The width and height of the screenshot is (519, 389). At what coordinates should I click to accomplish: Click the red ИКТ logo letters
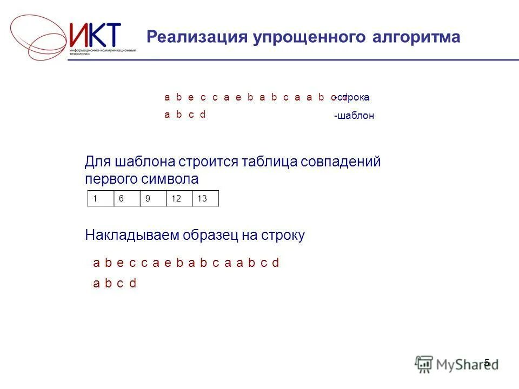click(x=96, y=35)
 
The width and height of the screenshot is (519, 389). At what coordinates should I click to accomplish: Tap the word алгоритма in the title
click(x=416, y=37)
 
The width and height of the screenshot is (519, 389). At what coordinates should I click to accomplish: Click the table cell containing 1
click(x=100, y=198)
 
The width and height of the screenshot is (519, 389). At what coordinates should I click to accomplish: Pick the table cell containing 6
click(x=127, y=198)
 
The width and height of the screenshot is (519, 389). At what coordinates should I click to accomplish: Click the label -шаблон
click(x=354, y=116)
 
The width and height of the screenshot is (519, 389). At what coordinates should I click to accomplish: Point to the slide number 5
click(x=487, y=363)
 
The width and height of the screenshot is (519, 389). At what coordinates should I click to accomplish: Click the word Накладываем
click(x=132, y=235)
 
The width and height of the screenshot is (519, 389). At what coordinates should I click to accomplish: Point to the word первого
click(x=110, y=179)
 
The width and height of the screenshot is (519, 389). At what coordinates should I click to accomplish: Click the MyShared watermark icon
click(x=424, y=363)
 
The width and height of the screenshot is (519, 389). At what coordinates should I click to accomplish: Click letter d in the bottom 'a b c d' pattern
click(x=132, y=283)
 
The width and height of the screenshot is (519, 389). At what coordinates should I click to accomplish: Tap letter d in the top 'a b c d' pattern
click(x=203, y=115)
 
